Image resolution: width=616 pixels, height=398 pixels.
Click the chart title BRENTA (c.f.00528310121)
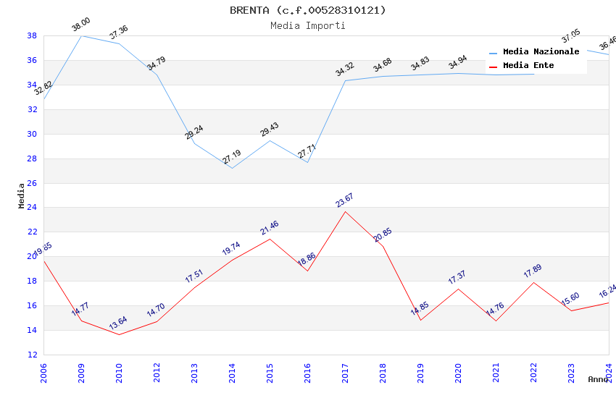click(308, 10)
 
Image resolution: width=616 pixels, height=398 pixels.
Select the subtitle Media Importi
click(308, 25)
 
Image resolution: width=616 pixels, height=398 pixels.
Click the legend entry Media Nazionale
click(541, 52)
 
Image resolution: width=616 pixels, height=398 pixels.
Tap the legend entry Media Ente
click(528, 66)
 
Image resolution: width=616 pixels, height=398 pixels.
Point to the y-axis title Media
click(21, 195)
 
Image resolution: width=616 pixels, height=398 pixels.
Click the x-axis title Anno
click(598, 379)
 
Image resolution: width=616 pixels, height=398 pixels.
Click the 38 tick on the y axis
click(32, 35)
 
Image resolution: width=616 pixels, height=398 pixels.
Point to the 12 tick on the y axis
click(32, 355)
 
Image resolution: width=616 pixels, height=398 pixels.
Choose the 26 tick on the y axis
click(32, 183)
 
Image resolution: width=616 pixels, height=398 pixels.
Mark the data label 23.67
click(344, 200)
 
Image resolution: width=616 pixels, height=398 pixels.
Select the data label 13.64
click(118, 322)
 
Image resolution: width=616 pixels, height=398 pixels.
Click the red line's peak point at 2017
click(345, 211)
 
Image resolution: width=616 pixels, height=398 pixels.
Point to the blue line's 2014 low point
click(232, 169)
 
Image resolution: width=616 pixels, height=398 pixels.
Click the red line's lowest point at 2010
click(119, 334)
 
